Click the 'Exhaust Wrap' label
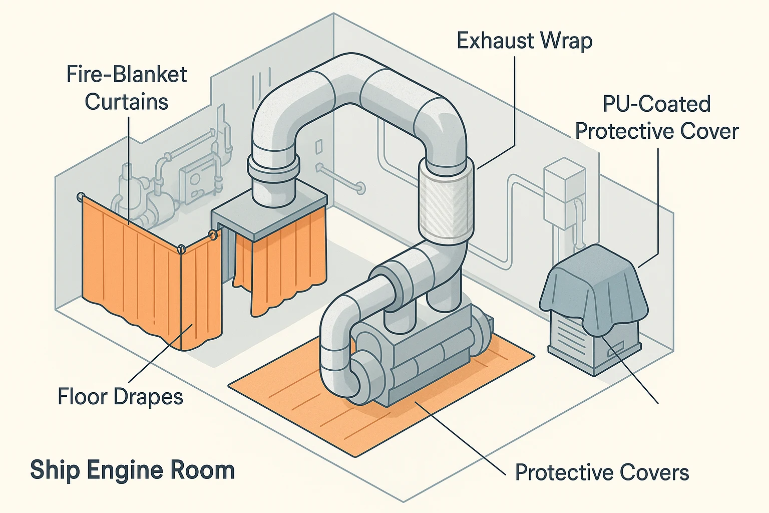[x=524, y=41]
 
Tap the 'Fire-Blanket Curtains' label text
[x=126, y=88]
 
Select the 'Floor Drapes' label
[x=120, y=397]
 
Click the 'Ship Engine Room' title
[x=132, y=470]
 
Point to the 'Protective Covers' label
[x=602, y=472]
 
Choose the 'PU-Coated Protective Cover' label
[x=656, y=118]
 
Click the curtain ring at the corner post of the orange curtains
[x=181, y=248]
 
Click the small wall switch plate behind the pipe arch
[x=318, y=147]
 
